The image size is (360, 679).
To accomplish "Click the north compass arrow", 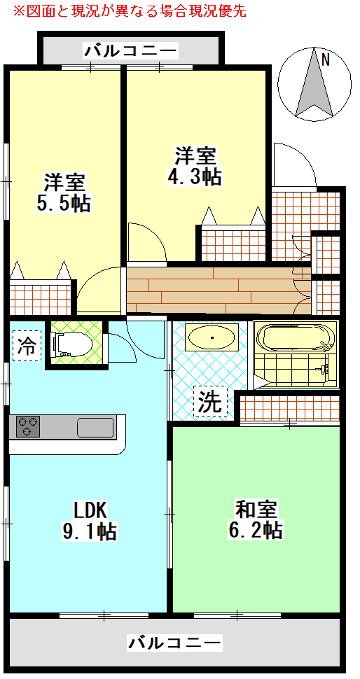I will pyautogui.click(x=313, y=87).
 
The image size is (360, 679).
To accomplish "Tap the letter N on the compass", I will pyautogui.click(x=325, y=60).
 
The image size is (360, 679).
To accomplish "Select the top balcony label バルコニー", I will pyautogui.click(x=131, y=50).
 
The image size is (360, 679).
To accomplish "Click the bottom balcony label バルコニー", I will pyautogui.click(x=175, y=642).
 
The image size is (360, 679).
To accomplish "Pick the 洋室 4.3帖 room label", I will pyautogui.click(x=195, y=165).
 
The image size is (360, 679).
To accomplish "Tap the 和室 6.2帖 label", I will pyautogui.click(x=255, y=518).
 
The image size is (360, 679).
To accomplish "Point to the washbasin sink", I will pyautogui.click(x=212, y=338).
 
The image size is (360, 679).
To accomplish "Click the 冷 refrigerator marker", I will pyautogui.click(x=27, y=346).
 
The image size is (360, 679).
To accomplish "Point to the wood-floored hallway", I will pyautogui.click(x=210, y=290).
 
